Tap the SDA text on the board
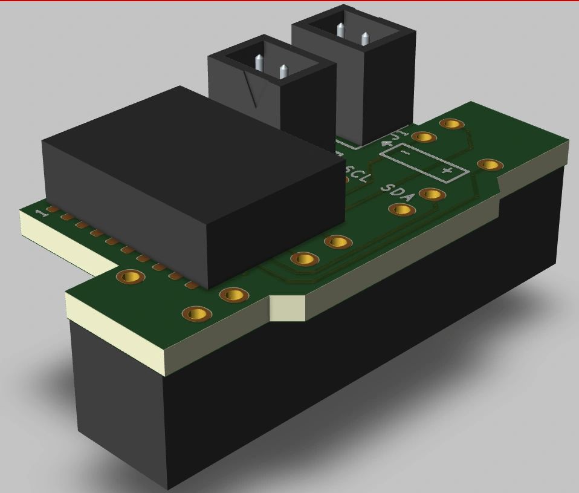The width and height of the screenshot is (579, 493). (398, 192)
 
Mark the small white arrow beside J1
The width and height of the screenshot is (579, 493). (387, 144)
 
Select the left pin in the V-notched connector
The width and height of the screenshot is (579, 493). (259, 62)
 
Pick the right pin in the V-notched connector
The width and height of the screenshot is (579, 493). (283, 71)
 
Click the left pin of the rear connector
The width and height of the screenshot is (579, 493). (341, 30)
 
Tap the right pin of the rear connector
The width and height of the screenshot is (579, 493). (364, 38)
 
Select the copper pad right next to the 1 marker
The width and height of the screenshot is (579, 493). (53, 210)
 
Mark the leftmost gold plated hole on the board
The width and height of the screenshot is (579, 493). (130, 277)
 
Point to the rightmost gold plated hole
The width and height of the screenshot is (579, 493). (490, 165)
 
